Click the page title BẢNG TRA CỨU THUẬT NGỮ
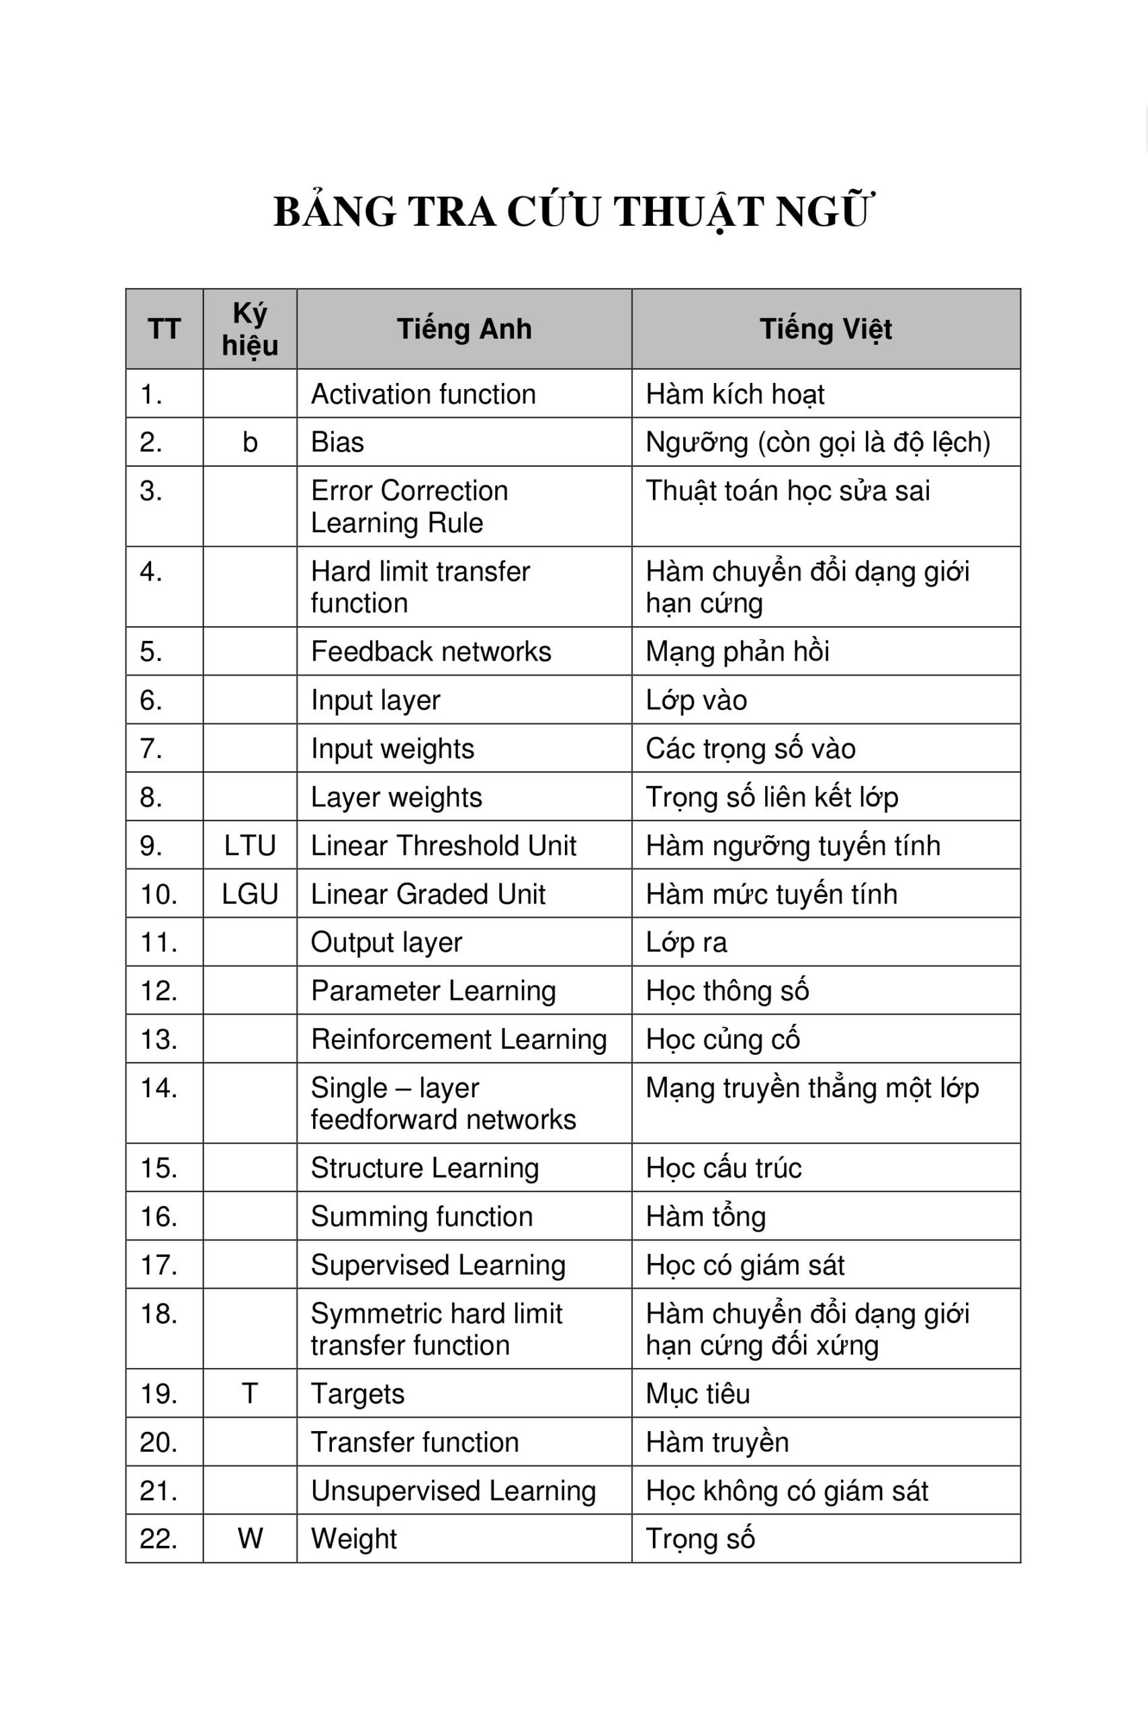(573, 212)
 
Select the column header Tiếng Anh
(464, 329)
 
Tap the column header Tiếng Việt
(825, 329)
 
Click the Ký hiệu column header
(250, 329)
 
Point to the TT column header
(164, 329)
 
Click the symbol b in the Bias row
(250, 442)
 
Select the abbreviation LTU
(250, 846)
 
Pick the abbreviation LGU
(250, 894)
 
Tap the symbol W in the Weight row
(250, 1539)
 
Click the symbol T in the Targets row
(250, 1393)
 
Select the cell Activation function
(423, 394)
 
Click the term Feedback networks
(431, 652)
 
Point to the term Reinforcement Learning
(458, 1039)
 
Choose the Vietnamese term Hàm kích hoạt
(734, 394)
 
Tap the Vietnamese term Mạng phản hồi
(738, 652)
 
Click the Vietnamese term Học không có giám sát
(787, 1491)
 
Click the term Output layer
(386, 943)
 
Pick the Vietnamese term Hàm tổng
(706, 1216)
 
